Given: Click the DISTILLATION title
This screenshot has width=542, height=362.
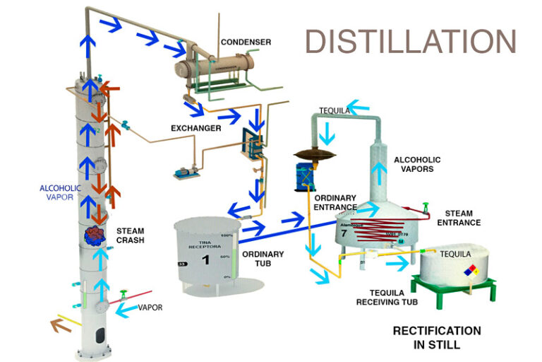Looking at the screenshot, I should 410,42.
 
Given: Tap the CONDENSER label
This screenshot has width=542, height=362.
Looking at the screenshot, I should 245,42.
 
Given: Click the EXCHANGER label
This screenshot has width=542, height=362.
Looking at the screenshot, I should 195,128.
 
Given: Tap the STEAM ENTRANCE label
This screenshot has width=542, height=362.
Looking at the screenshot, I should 459,218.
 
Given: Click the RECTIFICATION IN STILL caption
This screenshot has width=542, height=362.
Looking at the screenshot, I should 437,337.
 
